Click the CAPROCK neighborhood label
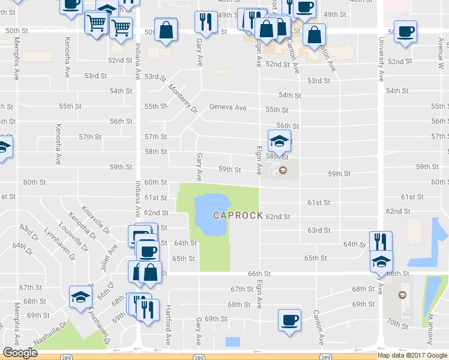click(x=238, y=215)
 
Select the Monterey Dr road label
click(x=182, y=98)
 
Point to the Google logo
click(x=20, y=353)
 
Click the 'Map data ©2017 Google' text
click(x=412, y=355)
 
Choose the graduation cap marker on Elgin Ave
click(x=279, y=142)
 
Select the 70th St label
click(x=397, y=323)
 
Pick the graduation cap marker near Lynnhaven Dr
click(x=80, y=296)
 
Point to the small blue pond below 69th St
click(x=232, y=342)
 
